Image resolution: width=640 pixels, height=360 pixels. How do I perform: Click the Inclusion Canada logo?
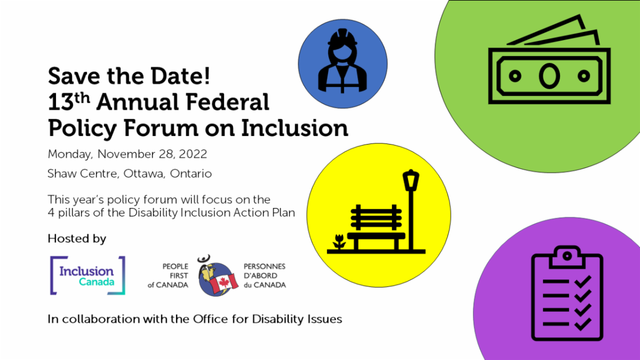(x=87, y=275)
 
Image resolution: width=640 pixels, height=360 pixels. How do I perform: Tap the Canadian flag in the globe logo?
(x=224, y=282)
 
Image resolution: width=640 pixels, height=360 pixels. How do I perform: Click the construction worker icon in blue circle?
(x=342, y=61)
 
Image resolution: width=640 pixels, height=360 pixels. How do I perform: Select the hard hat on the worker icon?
(x=342, y=37)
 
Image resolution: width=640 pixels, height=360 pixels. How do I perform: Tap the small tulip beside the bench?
(x=339, y=242)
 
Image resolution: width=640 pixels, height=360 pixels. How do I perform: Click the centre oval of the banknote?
(x=549, y=76)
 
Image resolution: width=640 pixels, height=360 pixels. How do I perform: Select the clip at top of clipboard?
(x=567, y=257)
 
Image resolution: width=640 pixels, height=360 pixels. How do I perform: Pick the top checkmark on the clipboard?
(x=582, y=282)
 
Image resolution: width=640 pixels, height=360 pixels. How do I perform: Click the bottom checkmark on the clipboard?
(x=582, y=324)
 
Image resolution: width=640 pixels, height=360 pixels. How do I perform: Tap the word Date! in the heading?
(x=181, y=76)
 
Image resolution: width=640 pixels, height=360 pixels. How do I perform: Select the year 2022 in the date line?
(x=193, y=154)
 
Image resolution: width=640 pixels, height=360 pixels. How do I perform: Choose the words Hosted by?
(x=77, y=239)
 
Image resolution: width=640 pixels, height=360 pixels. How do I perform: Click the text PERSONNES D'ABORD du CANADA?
(x=265, y=276)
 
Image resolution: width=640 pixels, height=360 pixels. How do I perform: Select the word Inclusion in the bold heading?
(x=294, y=127)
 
